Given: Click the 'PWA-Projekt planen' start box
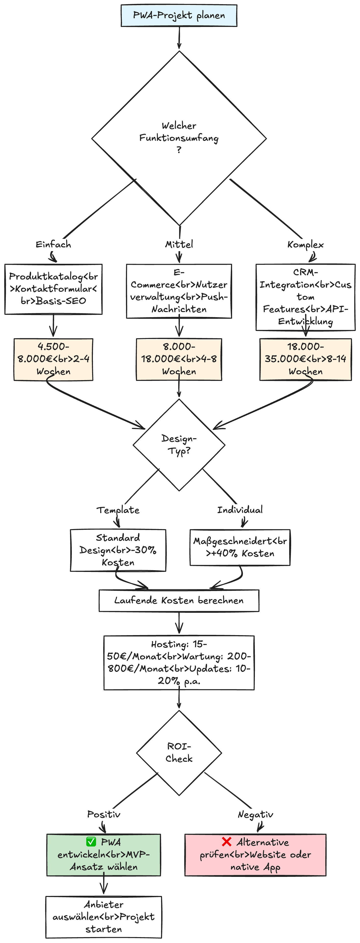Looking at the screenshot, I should (x=179, y=15).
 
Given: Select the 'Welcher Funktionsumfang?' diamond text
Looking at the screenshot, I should (x=179, y=138).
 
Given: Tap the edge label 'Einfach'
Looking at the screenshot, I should (x=53, y=244).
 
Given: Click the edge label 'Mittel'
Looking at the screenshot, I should (x=179, y=244).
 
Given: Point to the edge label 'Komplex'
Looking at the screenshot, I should (x=305, y=244).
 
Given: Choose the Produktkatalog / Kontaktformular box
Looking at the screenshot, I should (x=53, y=289).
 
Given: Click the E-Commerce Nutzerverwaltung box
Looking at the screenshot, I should (x=179, y=291).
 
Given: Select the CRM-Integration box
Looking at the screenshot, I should (x=305, y=297).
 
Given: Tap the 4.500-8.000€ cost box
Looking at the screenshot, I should (x=53, y=359).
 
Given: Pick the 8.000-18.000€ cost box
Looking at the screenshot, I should (x=179, y=359).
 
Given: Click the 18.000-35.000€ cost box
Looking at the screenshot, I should (x=305, y=359).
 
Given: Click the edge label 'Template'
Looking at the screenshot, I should (x=118, y=510).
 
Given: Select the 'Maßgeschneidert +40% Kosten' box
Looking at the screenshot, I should (x=240, y=547).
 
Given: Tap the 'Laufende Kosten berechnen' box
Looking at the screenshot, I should (x=179, y=600).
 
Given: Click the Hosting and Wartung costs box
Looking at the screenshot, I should (x=179, y=663).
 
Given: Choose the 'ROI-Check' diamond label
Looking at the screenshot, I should (x=179, y=752).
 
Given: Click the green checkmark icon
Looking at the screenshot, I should (x=91, y=842).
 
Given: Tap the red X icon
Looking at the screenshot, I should (x=227, y=842).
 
